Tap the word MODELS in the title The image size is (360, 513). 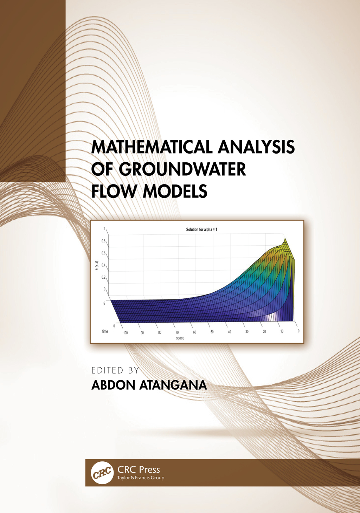[x=175, y=191]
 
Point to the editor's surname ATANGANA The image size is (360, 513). [x=173, y=385]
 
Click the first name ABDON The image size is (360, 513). [x=113, y=385]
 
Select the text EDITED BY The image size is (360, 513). [x=115, y=370]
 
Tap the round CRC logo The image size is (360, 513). [x=102, y=473]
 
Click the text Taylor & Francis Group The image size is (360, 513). [x=141, y=478]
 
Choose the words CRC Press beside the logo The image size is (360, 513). [x=139, y=469]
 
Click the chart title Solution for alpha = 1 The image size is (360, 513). [x=201, y=229]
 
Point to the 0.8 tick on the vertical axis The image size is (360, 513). [x=103, y=241]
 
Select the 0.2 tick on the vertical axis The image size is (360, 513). [x=103, y=277]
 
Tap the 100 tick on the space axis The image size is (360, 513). [x=126, y=333]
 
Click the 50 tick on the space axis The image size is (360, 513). [x=212, y=332]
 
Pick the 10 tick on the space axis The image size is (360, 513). [x=282, y=331]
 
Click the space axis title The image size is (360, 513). [x=180, y=338]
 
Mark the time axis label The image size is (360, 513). [x=105, y=331]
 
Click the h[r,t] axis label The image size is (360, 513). [x=97, y=266]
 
